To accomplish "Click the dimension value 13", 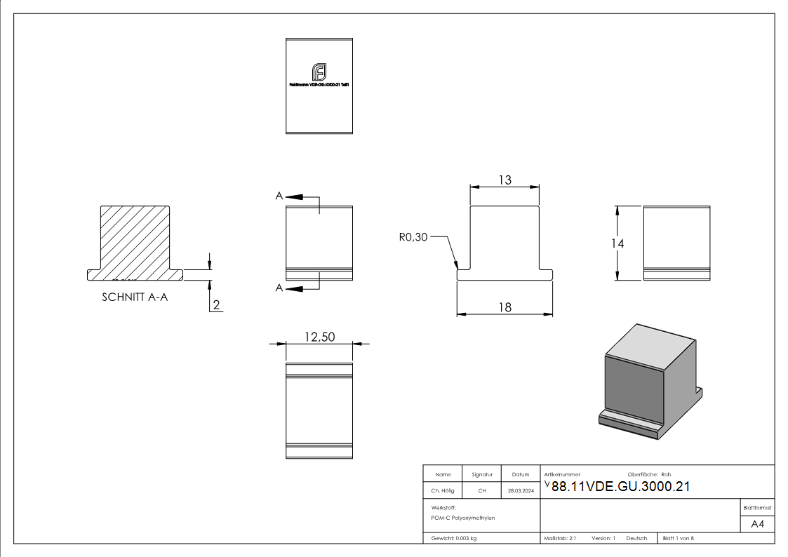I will click(505, 180).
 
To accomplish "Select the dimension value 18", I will click(505, 307).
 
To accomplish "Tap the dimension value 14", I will click(617, 243).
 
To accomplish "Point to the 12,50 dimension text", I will click(319, 337).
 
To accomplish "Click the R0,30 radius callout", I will click(413, 237).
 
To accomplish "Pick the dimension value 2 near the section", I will click(216, 305).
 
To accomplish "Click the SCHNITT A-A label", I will click(135, 297).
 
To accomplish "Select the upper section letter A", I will click(279, 196).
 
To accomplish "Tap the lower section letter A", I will click(279, 288).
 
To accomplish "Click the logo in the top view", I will click(319, 72).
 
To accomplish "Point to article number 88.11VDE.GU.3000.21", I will click(620, 488).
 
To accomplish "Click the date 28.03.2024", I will click(521, 491).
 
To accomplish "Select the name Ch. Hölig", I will click(443, 491).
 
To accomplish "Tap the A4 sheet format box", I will click(758, 524).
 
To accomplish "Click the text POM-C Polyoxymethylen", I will click(463, 518).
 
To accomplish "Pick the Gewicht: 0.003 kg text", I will click(454, 539).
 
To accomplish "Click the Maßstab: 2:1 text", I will click(560, 539).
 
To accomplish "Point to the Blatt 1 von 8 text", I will click(679, 539).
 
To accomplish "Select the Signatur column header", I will click(482, 474).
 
